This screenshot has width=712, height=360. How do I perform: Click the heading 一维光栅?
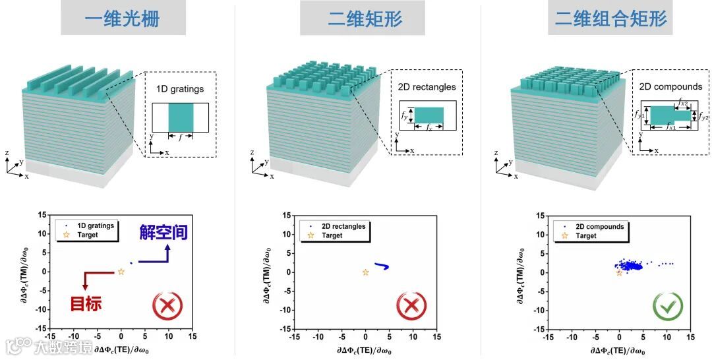[x=122, y=18]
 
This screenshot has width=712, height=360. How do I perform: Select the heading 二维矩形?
[x=365, y=18]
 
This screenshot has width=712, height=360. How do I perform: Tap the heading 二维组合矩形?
[x=610, y=18]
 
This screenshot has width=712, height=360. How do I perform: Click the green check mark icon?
[x=667, y=305]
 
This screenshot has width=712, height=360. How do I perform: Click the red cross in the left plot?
[x=167, y=305]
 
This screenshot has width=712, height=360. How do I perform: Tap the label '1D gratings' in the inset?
[x=180, y=89]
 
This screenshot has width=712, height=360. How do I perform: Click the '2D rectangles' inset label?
[x=427, y=86]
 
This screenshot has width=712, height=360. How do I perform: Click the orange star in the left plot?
[x=121, y=272]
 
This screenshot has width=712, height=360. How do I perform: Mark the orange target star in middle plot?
[x=366, y=272]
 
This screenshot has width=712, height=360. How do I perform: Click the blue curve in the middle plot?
[x=382, y=266]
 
